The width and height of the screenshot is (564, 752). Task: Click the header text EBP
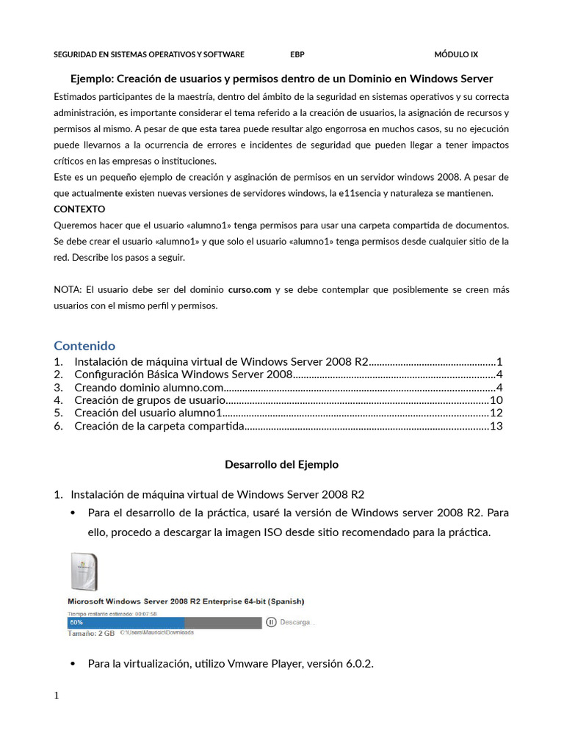[x=297, y=54]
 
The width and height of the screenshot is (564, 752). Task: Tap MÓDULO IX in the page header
[x=456, y=54]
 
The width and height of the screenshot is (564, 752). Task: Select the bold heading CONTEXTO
[x=79, y=209]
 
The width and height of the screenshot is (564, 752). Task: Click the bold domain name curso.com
[x=250, y=289]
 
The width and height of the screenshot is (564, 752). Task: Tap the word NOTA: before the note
[x=68, y=289]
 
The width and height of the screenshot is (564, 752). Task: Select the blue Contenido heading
[x=84, y=345]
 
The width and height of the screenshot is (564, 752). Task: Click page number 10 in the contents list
[x=496, y=400]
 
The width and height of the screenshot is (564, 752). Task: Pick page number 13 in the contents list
[x=496, y=426]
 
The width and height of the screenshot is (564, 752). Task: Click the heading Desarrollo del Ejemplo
[x=281, y=465]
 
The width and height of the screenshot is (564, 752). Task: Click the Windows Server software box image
[x=83, y=571]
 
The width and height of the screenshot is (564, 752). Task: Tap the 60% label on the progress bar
[x=76, y=622]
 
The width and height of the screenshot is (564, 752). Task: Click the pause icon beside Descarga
[x=271, y=622]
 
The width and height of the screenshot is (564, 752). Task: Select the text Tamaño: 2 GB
[x=91, y=632]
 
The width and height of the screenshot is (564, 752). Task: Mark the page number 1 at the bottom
[x=57, y=696]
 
